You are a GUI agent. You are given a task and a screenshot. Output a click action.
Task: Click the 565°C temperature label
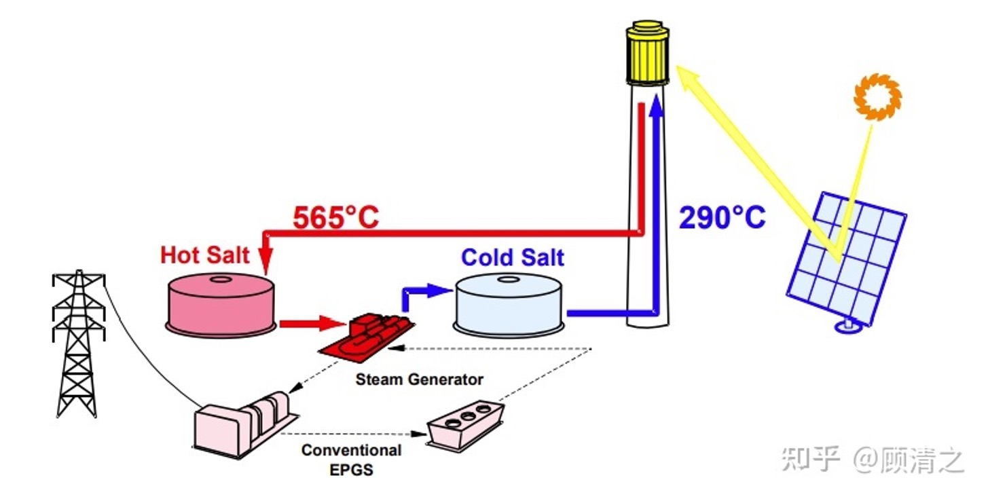click(335, 218)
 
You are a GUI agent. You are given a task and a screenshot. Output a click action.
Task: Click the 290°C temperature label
click(722, 218)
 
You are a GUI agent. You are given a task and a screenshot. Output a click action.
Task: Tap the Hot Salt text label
click(204, 255)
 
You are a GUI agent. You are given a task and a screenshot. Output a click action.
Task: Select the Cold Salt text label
click(513, 258)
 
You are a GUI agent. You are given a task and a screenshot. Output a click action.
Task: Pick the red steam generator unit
click(367, 336)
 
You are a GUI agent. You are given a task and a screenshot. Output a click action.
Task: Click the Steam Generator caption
click(419, 379)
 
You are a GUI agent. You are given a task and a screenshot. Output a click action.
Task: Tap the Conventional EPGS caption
click(351, 459)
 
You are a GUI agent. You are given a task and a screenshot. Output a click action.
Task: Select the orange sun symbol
click(877, 96)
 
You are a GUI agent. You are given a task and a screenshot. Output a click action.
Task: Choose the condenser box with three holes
click(466, 424)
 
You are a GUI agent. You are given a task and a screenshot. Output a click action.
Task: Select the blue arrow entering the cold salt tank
click(428, 291)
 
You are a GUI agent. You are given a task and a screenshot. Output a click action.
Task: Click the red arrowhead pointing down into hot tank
click(265, 261)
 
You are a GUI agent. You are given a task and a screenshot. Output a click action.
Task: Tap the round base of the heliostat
click(849, 327)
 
